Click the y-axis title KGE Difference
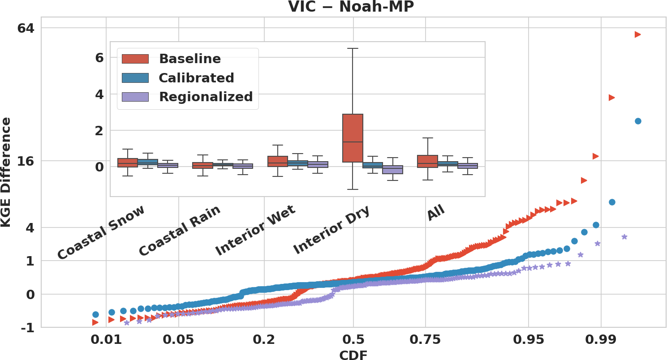(7, 172)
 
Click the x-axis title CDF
(353, 355)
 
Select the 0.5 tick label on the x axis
(353, 340)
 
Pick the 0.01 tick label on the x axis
(106, 340)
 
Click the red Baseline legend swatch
(135, 59)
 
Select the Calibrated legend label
(196, 78)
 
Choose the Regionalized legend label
(206, 97)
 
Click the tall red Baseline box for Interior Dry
(353, 138)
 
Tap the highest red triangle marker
(638, 34)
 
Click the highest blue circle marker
(638, 121)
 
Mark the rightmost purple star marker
(624, 236)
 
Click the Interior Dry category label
(332, 230)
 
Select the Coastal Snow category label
(101, 232)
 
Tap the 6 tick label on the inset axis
(99, 58)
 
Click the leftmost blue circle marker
(95, 314)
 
